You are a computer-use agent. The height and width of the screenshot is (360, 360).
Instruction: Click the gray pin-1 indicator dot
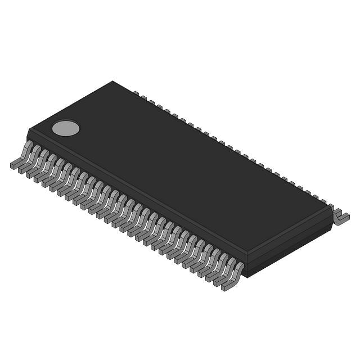pos(66,128)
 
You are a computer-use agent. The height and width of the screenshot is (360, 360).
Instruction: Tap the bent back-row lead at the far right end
pos(340,217)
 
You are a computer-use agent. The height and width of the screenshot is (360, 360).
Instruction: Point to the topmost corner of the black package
pos(112,82)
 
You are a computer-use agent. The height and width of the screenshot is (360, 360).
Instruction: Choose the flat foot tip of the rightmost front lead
pos(227,287)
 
